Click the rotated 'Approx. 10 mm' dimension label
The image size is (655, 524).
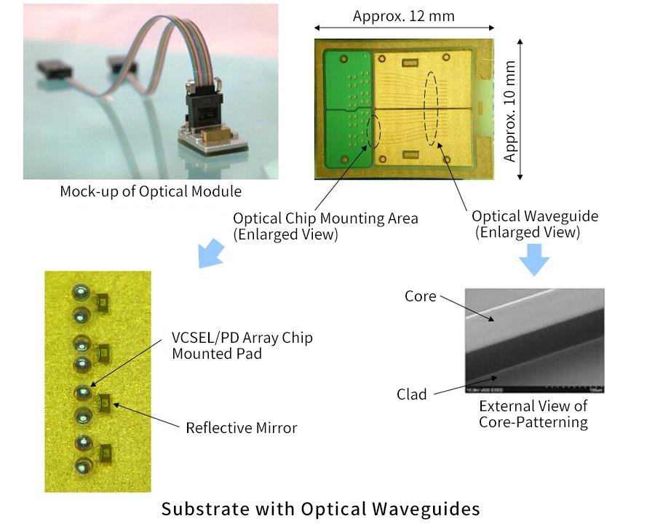pyautogui.click(x=510, y=111)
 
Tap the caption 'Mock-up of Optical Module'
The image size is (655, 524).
pyautogui.click(x=151, y=191)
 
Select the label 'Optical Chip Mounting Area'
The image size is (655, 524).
pyautogui.click(x=325, y=218)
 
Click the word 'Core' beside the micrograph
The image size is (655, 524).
pyautogui.click(x=421, y=296)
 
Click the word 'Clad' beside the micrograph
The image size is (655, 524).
pyautogui.click(x=412, y=394)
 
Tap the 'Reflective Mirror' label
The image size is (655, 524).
pyautogui.click(x=242, y=427)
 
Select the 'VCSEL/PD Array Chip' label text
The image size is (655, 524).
pyautogui.click(x=242, y=338)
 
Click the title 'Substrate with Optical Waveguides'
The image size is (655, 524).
pyautogui.click(x=321, y=507)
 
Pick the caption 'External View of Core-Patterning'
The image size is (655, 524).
pyautogui.click(x=533, y=414)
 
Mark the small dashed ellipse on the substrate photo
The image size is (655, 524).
pyautogui.click(x=374, y=131)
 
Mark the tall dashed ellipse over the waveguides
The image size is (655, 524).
pyautogui.click(x=434, y=109)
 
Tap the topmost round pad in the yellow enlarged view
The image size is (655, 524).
pyautogui.click(x=80, y=293)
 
